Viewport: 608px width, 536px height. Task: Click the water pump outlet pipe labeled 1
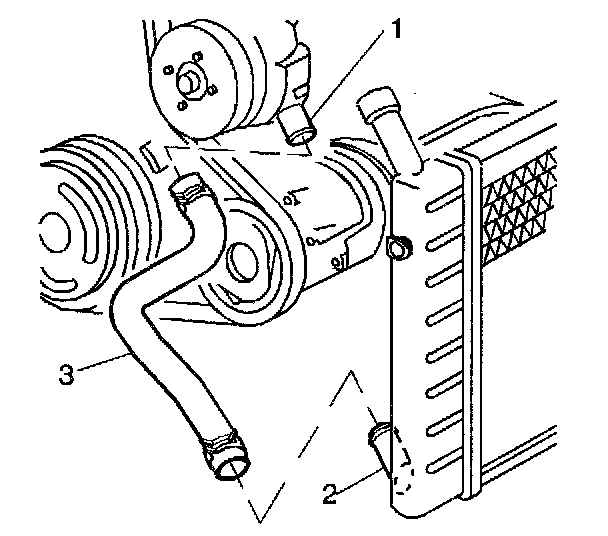(x=297, y=126)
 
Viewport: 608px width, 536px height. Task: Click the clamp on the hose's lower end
(x=220, y=447)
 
